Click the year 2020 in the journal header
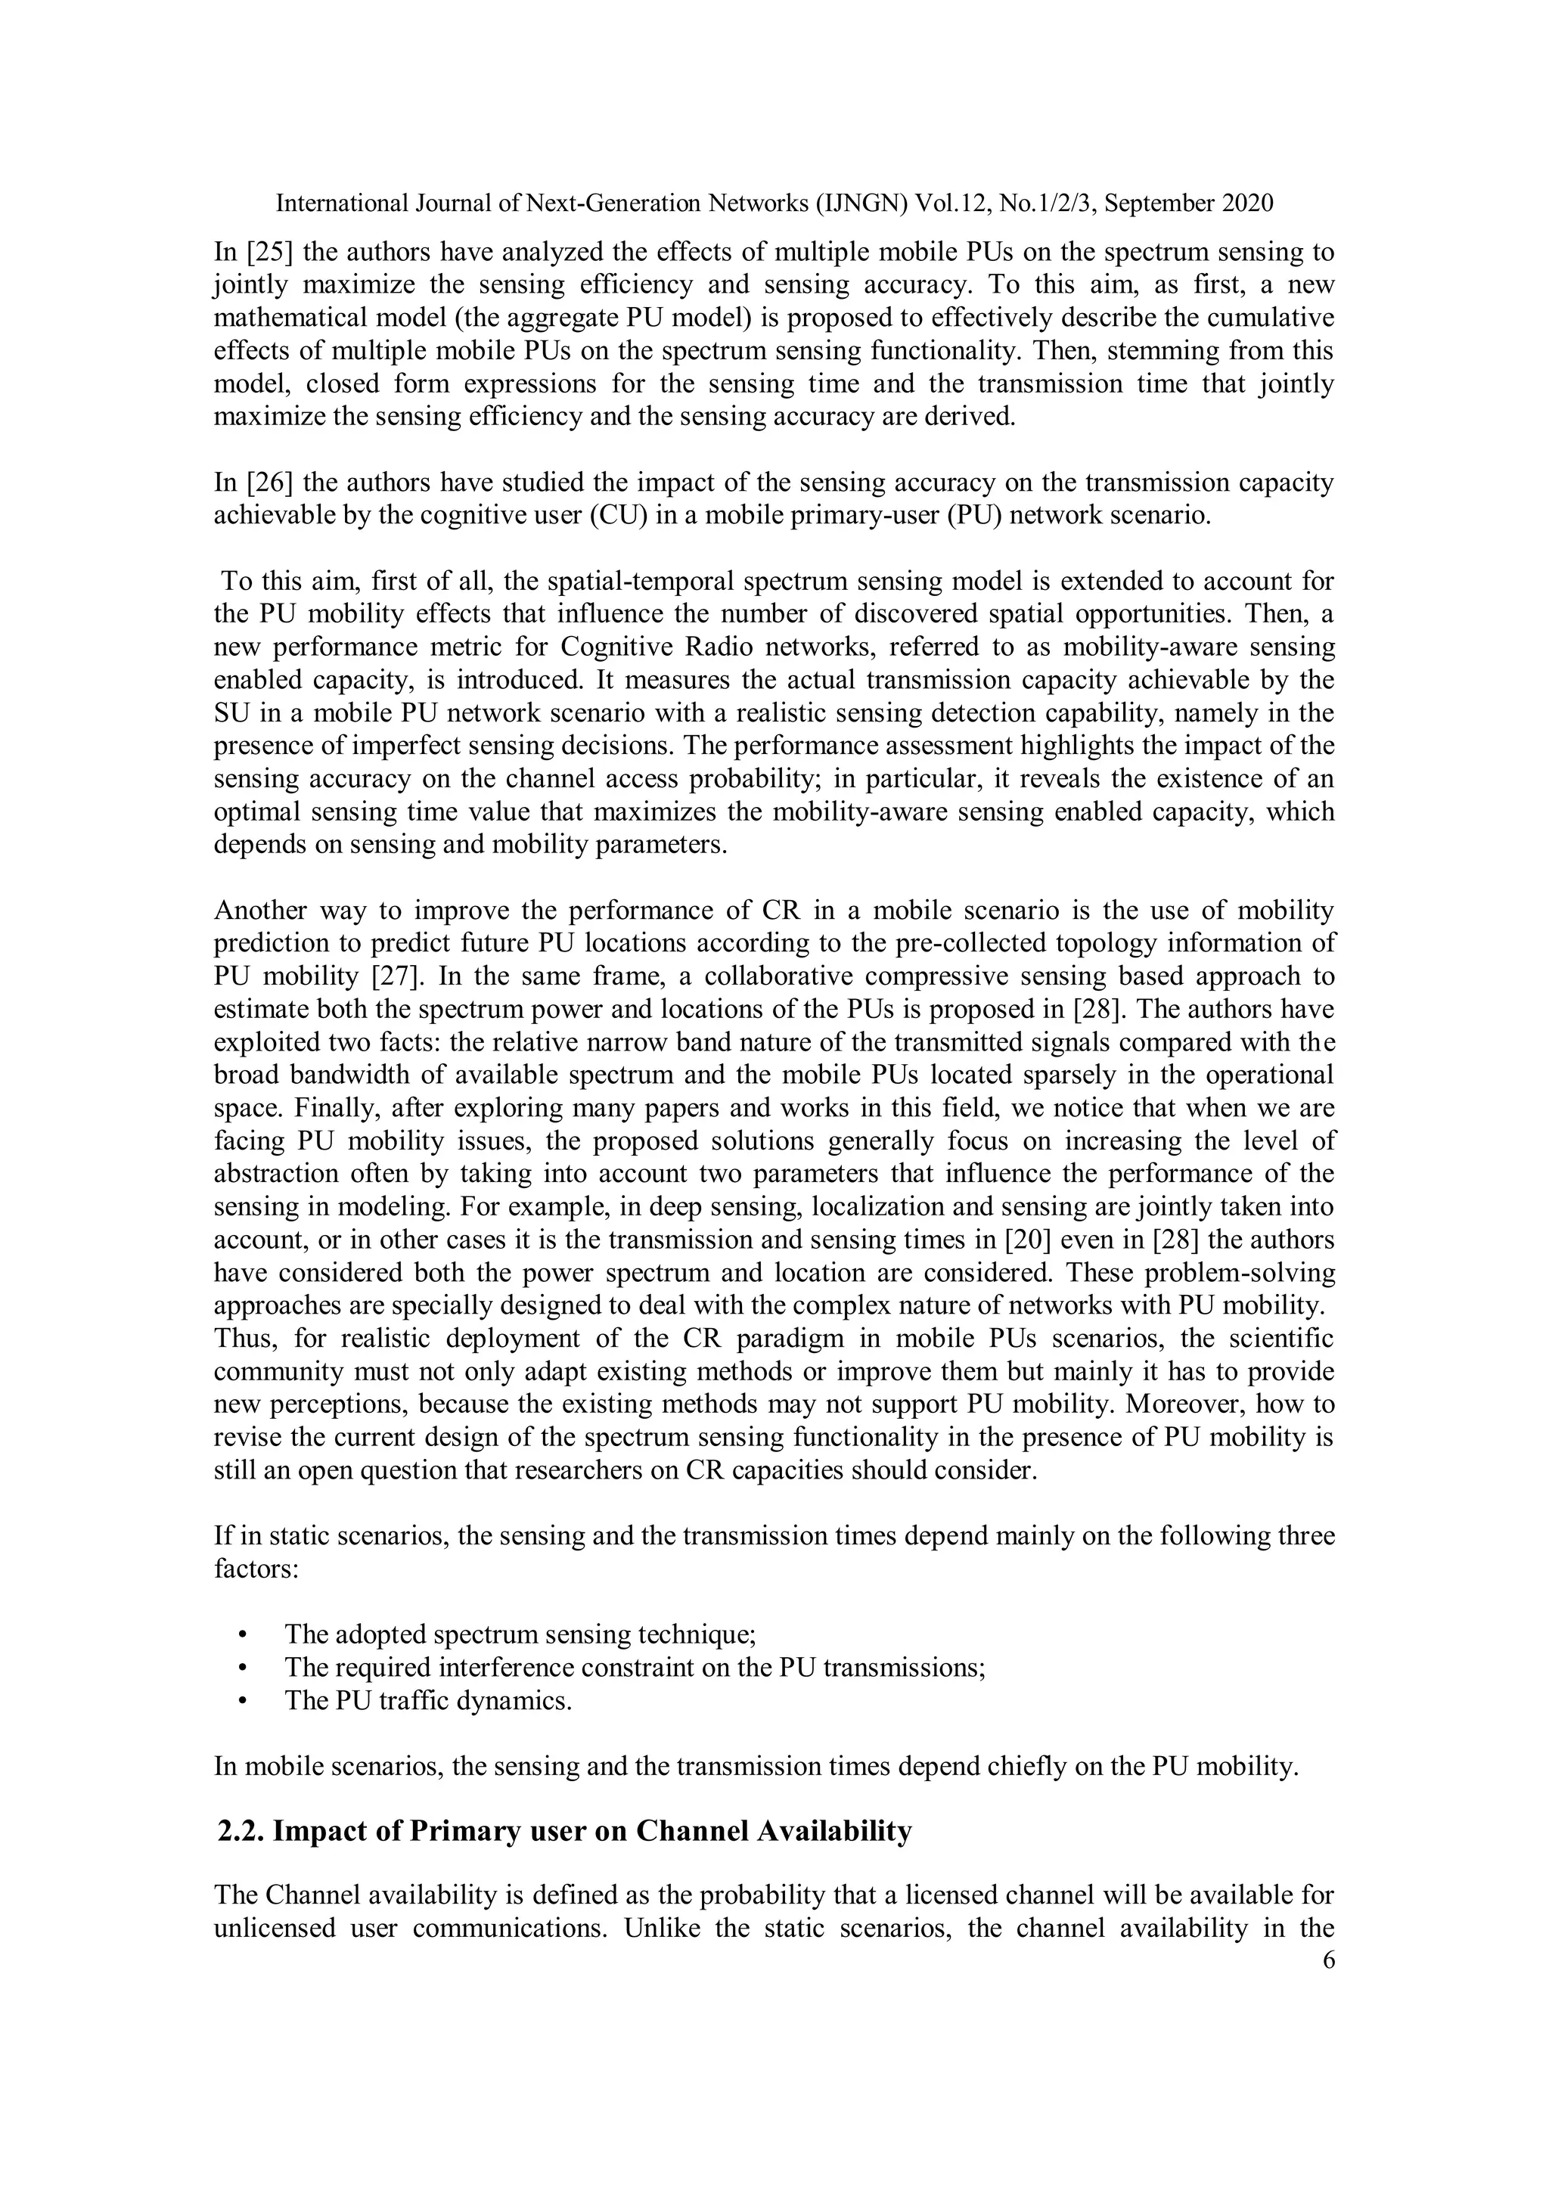point(1249,203)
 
